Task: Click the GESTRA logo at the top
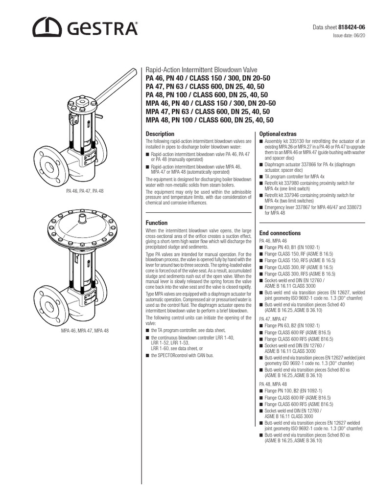85,27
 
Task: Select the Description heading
160,134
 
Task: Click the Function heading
157,223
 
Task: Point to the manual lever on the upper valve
116,86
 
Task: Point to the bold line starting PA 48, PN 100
207,94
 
